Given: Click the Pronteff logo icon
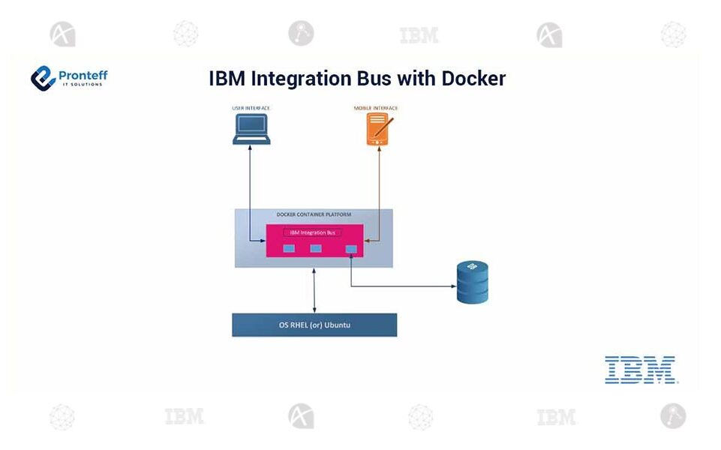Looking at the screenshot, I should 43,77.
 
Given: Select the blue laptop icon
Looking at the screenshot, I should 251,130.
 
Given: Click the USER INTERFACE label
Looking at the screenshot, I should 251,109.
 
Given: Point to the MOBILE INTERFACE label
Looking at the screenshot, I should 376,109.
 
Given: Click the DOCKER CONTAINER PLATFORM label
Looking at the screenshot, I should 314,215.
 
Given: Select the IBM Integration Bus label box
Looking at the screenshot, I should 313,232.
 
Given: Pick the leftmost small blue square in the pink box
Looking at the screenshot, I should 288,248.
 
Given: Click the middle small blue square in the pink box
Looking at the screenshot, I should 316,248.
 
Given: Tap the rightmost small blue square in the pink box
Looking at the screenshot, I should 350,249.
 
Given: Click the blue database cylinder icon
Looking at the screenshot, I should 473,282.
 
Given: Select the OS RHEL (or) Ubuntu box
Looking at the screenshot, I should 314,325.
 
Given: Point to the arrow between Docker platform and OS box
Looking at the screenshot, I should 314,290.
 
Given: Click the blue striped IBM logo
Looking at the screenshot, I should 640,370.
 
